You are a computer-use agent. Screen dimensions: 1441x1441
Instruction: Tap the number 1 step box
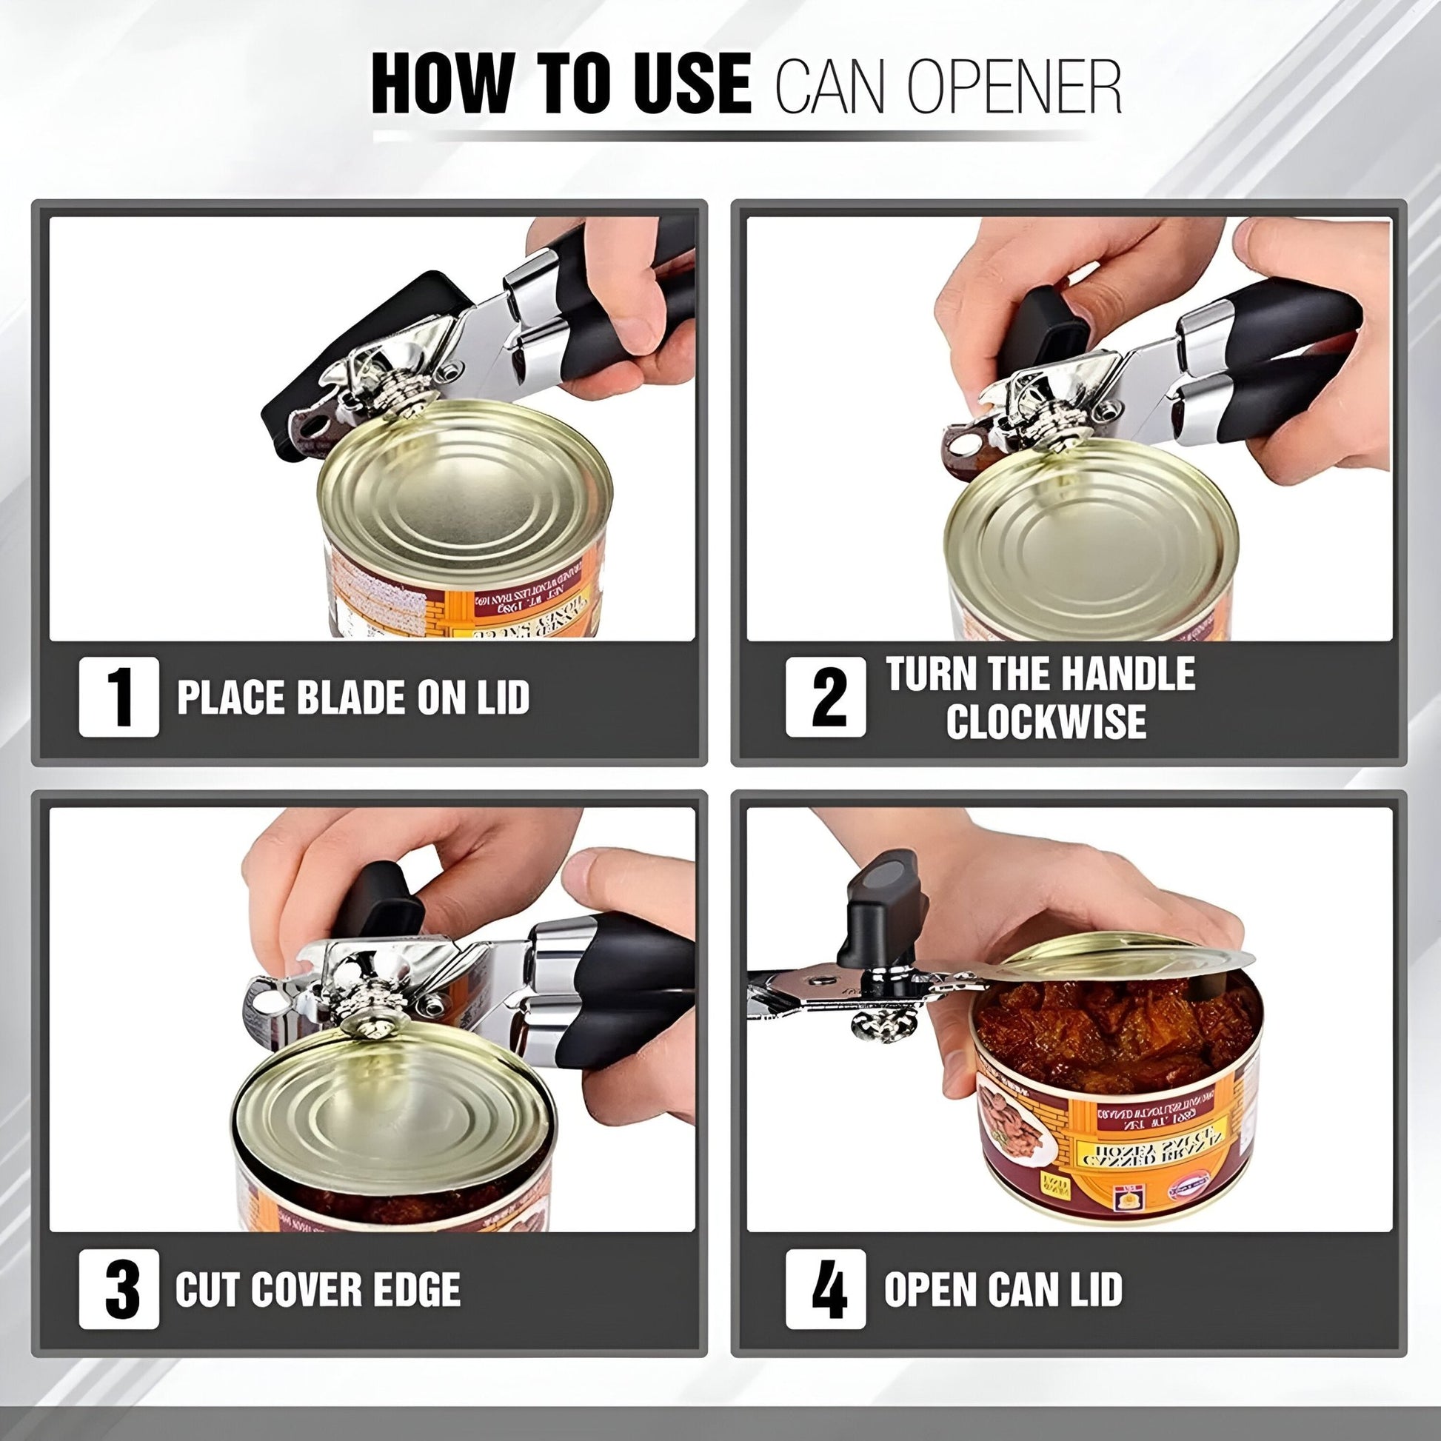[x=118, y=697]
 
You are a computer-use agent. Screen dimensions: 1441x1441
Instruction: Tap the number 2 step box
[x=826, y=697]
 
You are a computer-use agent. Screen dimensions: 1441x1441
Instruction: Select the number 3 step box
[x=118, y=1289]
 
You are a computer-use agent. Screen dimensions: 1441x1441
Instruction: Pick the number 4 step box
[x=826, y=1289]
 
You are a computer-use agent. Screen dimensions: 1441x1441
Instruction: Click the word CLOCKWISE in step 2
[x=1046, y=720]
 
